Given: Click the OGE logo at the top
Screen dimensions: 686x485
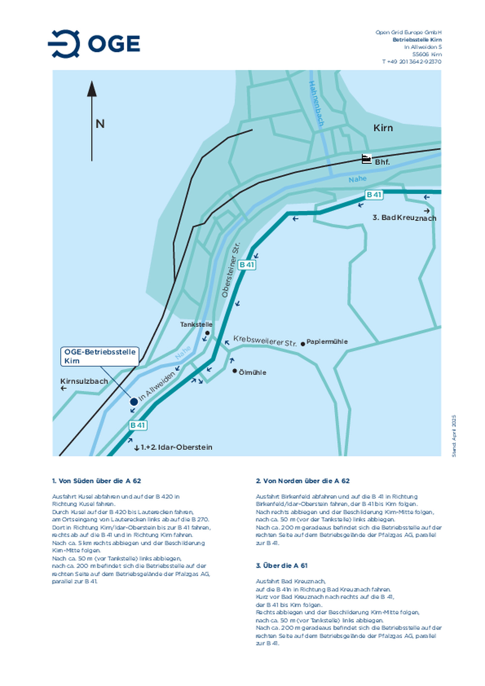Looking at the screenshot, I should (94, 44).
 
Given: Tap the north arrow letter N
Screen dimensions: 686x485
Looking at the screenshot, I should (100, 124).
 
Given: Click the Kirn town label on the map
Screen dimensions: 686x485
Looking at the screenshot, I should (383, 128).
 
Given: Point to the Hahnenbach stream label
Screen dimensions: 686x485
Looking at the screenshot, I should (316, 104).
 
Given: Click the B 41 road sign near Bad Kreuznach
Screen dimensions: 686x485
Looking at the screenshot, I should (374, 195).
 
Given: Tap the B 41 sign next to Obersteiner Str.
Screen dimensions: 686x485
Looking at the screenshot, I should (247, 265).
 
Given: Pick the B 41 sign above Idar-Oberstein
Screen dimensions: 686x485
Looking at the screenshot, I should (138, 425).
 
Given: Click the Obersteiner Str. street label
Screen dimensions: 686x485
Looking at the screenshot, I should (230, 270).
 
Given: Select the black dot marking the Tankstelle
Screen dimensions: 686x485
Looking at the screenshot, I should (207, 333).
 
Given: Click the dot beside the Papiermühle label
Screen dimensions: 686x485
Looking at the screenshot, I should (303, 344).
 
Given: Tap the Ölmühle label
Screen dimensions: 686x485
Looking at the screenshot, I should (252, 373).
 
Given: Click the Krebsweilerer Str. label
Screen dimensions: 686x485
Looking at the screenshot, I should (265, 341).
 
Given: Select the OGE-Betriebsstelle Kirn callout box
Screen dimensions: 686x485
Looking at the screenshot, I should (100, 356).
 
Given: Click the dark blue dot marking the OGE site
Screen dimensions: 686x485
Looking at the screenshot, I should (134, 402).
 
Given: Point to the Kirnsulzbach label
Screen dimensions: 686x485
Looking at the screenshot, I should (84, 381).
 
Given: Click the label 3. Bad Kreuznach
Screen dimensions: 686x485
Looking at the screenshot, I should (404, 218).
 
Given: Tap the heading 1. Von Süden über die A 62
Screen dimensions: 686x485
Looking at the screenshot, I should (96, 481).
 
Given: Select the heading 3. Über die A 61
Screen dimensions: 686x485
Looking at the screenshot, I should (282, 565).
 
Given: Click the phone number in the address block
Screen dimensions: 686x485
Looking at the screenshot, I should (412, 62).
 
